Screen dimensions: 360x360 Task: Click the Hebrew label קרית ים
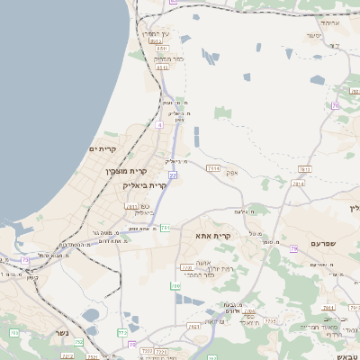coord(103,148)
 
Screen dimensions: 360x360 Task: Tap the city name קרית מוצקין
coord(125,170)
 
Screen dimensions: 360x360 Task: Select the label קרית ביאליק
coord(144,184)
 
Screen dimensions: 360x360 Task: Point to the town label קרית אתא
coord(214,236)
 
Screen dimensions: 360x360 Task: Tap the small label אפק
coord(232,172)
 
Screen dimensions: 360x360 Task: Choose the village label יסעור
coord(313,36)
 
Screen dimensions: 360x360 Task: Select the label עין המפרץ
coord(157,33)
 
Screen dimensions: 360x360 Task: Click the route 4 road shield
coord(159,125)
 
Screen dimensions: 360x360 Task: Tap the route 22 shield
coord(172,175)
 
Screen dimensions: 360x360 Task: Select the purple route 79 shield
coord(293,248)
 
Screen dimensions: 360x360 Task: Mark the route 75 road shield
coord(25,260)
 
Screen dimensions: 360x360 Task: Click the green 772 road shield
coord(122,332)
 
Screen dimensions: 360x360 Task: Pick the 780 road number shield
coord(176,286)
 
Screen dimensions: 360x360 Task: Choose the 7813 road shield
coord(304,168)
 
